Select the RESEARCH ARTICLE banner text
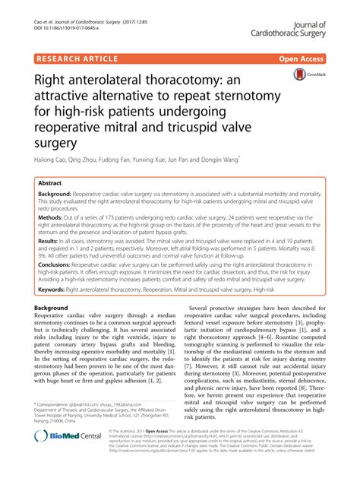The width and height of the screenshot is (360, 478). click(75, 58)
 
